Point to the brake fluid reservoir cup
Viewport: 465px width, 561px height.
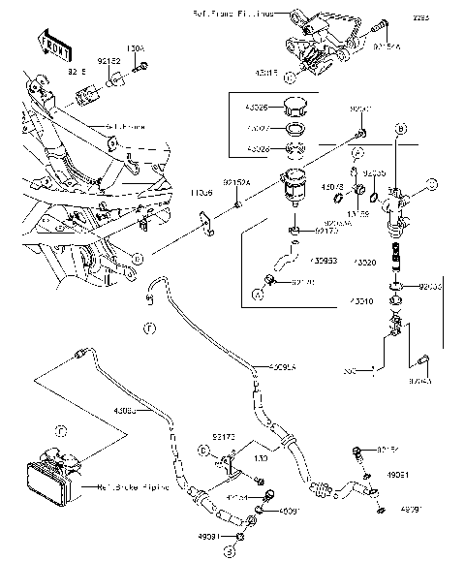point(292,186)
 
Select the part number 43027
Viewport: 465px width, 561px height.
point(258,128)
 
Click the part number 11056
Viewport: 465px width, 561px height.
point(201,193)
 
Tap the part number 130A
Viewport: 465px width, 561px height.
point(135,47)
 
